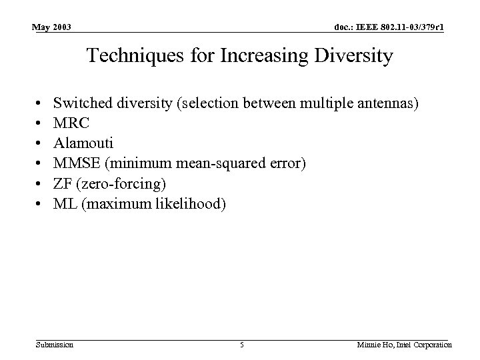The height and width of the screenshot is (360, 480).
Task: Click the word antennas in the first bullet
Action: tap(390, 103)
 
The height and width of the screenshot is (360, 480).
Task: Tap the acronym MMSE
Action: tap(73, 163)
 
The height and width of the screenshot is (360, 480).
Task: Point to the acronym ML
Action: tap(63, 203)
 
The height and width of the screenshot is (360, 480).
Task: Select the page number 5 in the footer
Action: tap(243, 345)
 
